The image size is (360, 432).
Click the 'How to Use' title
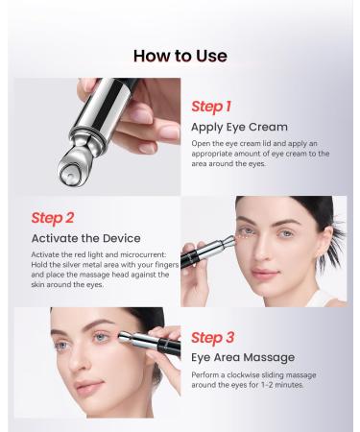(180, 55)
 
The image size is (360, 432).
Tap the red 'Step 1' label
(211, 107)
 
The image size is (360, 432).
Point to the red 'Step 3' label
(211, 337)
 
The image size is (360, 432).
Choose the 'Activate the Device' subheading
(85, 238)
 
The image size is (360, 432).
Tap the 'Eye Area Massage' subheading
(243, 357)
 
